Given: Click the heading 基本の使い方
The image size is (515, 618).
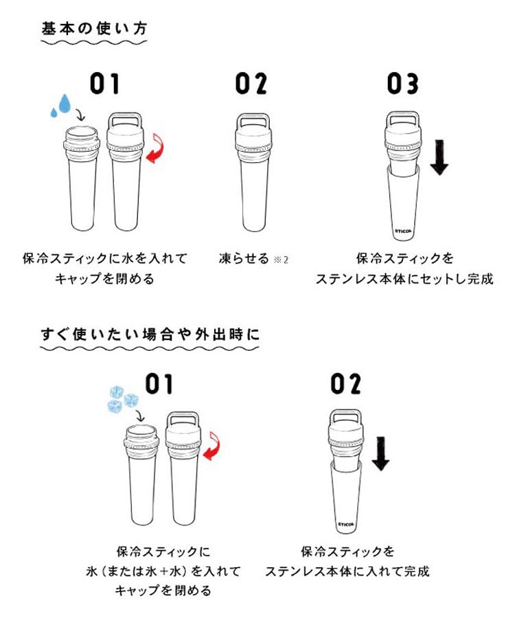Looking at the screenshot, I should coord(95,29).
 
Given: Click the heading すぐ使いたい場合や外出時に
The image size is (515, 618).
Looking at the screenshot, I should coord(149,334).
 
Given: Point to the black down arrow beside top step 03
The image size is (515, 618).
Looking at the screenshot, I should coord(439,157).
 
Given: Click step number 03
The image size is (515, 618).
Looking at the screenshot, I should coord(402,84).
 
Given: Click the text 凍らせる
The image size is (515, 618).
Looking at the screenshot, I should coord(243,260).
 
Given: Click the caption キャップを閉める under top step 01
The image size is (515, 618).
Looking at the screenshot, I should coord(104,279).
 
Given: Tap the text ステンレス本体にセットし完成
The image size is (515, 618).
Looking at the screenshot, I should coord(404,279).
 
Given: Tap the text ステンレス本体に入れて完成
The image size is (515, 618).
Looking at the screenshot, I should coord(347,571).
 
